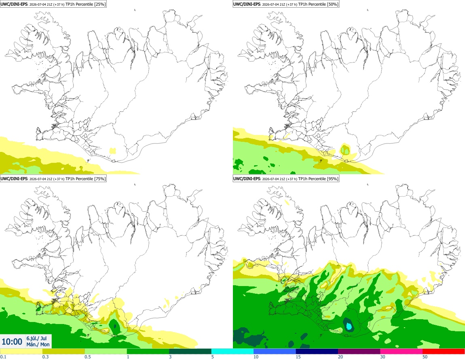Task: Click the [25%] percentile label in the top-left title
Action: pyautogui.click(x=99, y=4)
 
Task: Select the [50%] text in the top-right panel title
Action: pyautogui.click(x=332, y=4)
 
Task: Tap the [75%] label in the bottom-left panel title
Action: pyautogui.click(x=99, y=179)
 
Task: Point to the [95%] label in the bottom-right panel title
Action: pyautogui.click(x=332, y=179)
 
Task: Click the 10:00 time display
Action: pyautogui.click(x=12, y=342)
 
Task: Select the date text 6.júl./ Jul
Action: pyautogui.click(x=36, y=338)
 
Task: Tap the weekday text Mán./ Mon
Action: pyautogui.click(x=38, y=344)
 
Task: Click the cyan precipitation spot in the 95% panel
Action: pyautogui.click(x=349, y=326)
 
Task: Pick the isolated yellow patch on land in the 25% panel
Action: pyautogui.click(x=113, y=151)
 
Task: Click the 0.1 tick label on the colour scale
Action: pyautogui.click(x=3, y=357)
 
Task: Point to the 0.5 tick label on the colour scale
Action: pyautogui.click(x=87, y=357)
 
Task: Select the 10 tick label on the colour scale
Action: pyautogui.click(x=256, y=357)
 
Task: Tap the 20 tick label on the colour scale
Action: pyautogui.click(x=340, y=357)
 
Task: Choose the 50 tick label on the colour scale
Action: pyautogui.click(x=425, y=357)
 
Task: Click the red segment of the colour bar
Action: pyautogui.click(x=444, y=352)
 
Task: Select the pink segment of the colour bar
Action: pyautogui.click(x=401, y=352)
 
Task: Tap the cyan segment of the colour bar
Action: pyautogui.click(x=232, y=352)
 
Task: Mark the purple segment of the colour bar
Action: pyautogui.click(x=359, y=352)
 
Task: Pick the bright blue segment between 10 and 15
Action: pyautogui.click(x=275, y=352)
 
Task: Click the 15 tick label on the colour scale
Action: pyautogui.click(x=298, y=357)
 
